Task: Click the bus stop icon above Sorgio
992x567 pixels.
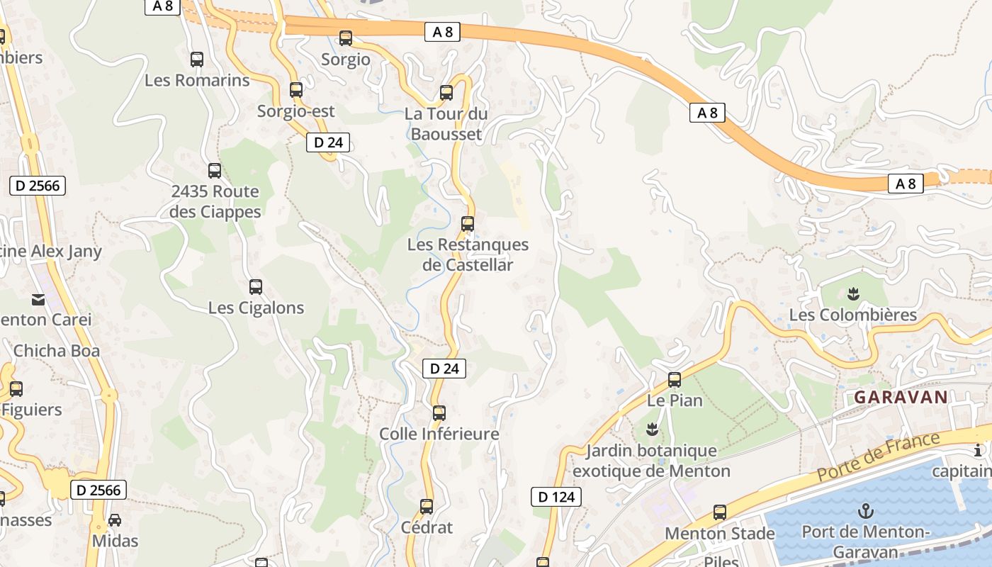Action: pos(346,38)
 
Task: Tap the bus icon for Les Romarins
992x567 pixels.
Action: pos(197,60)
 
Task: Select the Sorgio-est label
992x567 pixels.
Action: pos(296,111)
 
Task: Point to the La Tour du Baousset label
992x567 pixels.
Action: pos(446,124)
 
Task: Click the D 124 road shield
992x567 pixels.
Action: pos(556,497)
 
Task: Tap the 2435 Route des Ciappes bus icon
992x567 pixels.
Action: pos(215,171)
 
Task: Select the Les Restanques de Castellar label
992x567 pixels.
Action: pos(468,255)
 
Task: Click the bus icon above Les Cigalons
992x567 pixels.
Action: pos(256,287)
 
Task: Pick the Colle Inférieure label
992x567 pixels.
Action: pos(439,434)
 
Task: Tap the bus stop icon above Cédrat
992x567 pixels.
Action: pos(427,507)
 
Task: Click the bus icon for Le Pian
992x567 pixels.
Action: pos(675,380)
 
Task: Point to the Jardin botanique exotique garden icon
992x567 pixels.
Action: pos(652,429)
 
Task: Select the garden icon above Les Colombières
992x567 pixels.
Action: pos(853,293)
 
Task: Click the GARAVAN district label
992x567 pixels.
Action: pos(901,397)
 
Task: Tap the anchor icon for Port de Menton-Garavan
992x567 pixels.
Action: pos(865,511)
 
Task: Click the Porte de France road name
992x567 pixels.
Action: pos(879,456)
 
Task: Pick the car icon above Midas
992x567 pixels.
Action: pos(115,520)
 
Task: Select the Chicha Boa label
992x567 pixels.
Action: pos(57,351)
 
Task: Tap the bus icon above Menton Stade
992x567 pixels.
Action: pos(720,512)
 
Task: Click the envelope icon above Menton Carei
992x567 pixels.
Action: pos(38,300)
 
